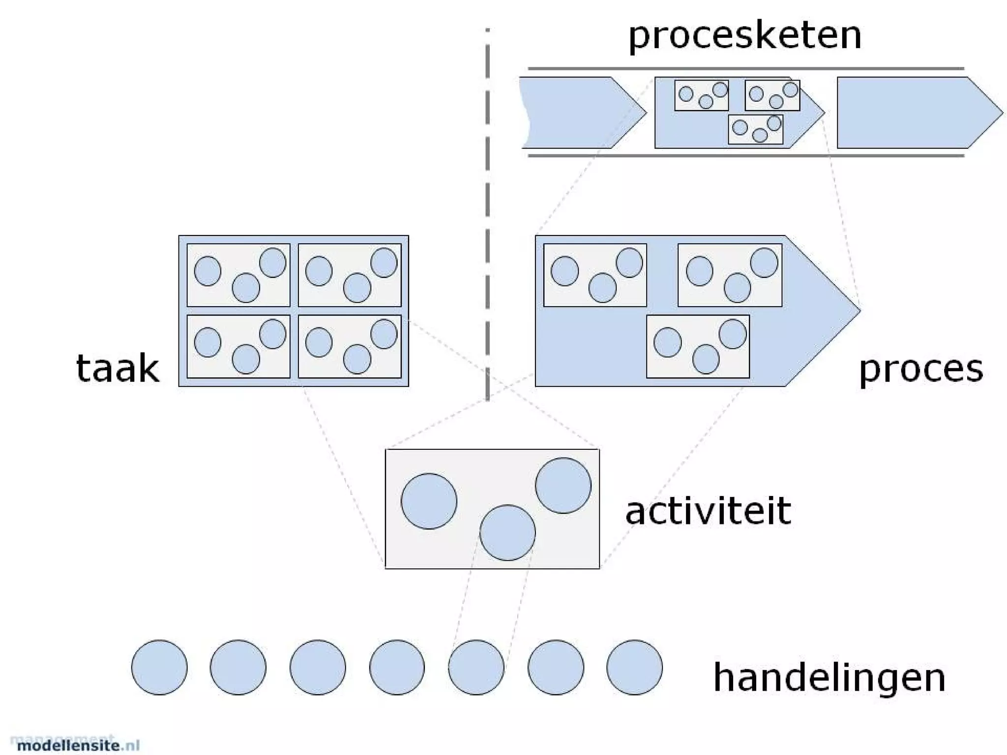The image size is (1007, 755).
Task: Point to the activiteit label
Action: (708, 511)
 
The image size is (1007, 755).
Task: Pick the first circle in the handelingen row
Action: (159, 667)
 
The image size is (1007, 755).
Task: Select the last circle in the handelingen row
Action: (634, 667)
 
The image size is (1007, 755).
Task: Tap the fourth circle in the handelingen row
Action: (397, 667)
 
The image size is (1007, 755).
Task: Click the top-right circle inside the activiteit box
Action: (563, 485)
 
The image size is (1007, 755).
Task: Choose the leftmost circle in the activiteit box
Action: (429, 501)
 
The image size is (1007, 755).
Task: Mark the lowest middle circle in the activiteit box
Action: (507, 532)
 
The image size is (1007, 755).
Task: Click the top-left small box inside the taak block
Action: (238, 275)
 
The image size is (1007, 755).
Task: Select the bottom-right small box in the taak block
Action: (350, 347)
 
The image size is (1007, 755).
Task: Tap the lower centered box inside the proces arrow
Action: (698, 347)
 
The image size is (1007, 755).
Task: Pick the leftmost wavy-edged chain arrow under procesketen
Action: (575, 113)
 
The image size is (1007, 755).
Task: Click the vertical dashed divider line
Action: (487, 216)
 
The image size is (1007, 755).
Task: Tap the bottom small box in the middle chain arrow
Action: (755, 129)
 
